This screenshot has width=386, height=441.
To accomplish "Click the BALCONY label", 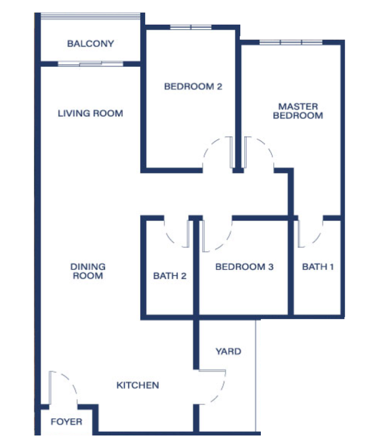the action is coord(90,44).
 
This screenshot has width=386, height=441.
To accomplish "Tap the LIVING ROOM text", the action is coord(90,113).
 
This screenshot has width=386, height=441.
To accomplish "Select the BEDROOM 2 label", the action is coord(193,87).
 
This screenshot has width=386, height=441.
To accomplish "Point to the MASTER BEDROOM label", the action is coord(298,111).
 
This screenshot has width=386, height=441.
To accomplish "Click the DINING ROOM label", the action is coord(88,271).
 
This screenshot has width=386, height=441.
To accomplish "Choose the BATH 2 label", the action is coord(170,276).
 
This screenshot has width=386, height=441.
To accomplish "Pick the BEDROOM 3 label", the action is coord(244,267).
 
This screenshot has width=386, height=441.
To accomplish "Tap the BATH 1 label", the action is coord(318,267).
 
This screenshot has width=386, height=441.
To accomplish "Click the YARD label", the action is coord(228,351).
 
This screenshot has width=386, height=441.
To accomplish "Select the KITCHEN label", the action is coord(138,385).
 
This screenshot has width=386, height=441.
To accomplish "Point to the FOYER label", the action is coord(66,421).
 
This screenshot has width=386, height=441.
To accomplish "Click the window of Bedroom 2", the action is coord(191,27).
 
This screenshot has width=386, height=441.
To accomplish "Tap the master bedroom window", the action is coord(291,42).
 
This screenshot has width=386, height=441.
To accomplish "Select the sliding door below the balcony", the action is coord(90,64).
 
